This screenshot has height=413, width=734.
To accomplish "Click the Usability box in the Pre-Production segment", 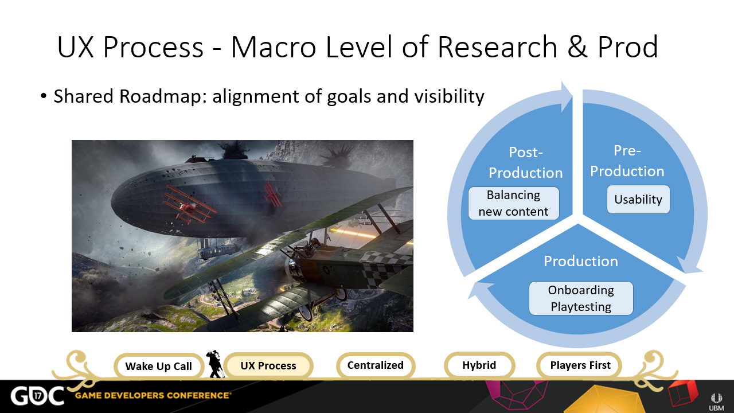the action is pyautogui.click(x=638, y=199).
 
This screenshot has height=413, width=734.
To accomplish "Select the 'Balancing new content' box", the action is pyautogui.click(x=513, y=203).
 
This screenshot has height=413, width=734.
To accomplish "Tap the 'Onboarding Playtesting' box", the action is pyautogui.click(x=581, y=298).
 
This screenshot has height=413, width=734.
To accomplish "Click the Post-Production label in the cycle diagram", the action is pyautogui.click(x=526, y=162).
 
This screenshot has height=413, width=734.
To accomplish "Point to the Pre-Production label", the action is pyautogui.click(x=627, y=161).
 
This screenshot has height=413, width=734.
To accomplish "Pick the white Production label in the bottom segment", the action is pyautogui.click(x=581, y=261).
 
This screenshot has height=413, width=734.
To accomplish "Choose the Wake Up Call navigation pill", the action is pyautogui.click(x=159, y=366).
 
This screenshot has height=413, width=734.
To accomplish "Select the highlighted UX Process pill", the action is pyautogui.click(x=268, y=365).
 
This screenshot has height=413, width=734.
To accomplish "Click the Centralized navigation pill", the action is pyautogui.click(x=376, y=365).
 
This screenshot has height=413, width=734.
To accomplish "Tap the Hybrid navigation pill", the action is pyautogui.click(x=479, y=365).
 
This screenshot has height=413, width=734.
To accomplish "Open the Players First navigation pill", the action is pyautogui.click(x=580, y=365).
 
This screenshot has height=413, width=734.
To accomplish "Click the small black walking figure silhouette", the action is pyautogui.click(x=214, y=364).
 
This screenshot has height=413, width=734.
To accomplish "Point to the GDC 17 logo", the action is pyautogui.click(x=38, y=396).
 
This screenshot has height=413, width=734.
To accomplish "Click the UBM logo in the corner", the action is pyautogui.click(x=716, y=402).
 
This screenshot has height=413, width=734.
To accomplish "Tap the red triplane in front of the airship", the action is pyautogui.click(x=189, y=205).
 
